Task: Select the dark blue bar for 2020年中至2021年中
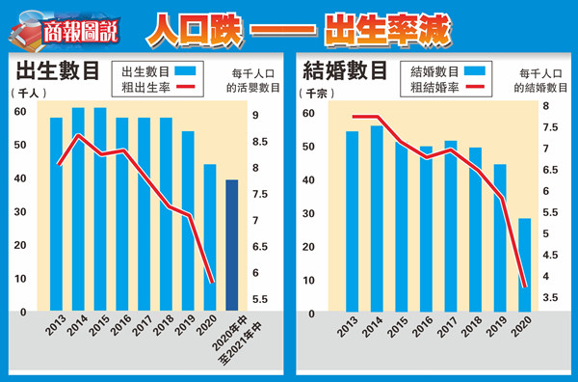tap(232, 245)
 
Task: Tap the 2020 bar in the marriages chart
tap(524, 264)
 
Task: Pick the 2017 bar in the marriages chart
tap(450, 226)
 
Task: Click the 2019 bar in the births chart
tap(188, 221)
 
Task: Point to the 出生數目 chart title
tap(56, 70)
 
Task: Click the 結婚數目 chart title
tap(345, 70)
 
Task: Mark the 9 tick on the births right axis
tap(253, 116)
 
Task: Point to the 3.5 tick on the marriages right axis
tap(546, 298)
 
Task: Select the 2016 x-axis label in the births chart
tap(119, 330)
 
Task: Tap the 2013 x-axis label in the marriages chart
tap(345, 330)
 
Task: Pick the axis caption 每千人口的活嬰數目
tap(253, 80)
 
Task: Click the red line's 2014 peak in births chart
tap(79, 134)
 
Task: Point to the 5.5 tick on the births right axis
tap(253, 299)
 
